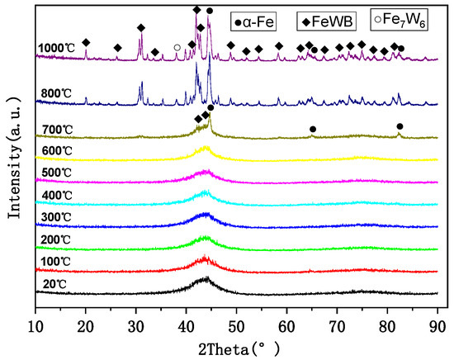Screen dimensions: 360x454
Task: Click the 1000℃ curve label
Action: tap(56, 49)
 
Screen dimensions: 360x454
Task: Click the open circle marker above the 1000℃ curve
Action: tap(177, 48)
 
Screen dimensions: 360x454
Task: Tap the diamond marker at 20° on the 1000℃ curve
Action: tap(86, 42)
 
